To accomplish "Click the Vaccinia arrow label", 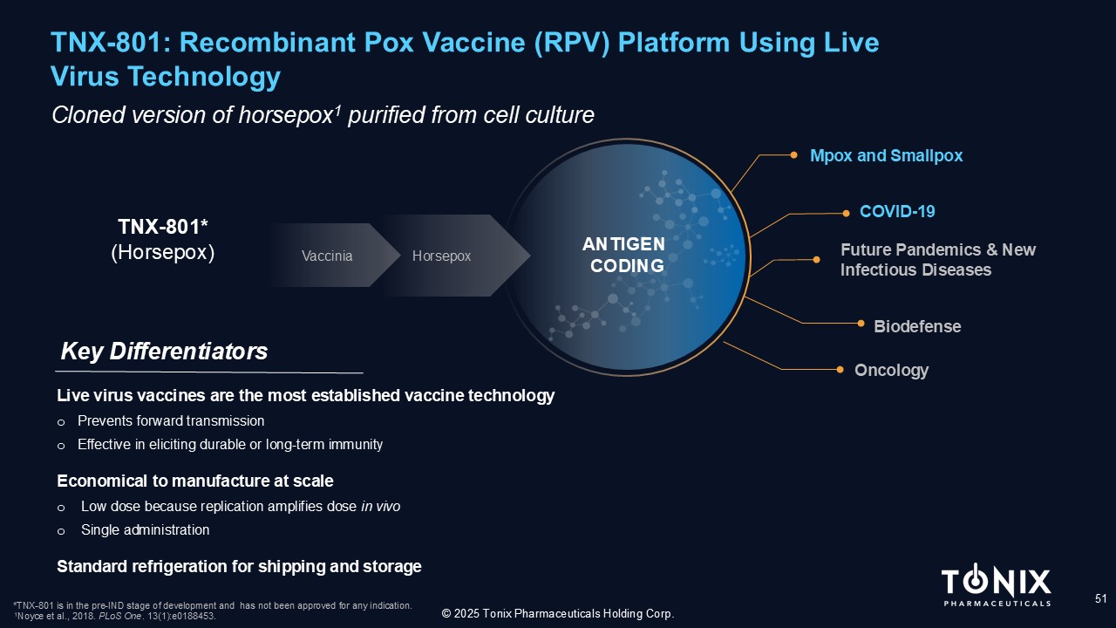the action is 327,256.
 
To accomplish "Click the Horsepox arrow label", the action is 441,256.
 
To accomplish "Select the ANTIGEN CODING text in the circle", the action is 623,255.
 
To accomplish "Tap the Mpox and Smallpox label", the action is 887,155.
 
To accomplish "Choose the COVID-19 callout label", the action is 897,211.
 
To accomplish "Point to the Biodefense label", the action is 917,326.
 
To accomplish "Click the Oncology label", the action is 891,371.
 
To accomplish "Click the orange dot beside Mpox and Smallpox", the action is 794,155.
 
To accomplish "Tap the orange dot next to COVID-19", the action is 846,214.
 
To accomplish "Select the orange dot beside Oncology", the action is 840,369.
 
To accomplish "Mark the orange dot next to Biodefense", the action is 861,324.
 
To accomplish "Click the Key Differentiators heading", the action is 164,352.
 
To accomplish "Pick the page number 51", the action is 1100,598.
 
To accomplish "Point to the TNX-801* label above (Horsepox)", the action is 163,227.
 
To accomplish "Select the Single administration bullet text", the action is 145,529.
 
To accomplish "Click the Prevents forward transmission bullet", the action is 171,421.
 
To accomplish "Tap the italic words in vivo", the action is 380,507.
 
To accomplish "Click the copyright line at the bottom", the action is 558,613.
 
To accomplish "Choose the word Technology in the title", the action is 204,77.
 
